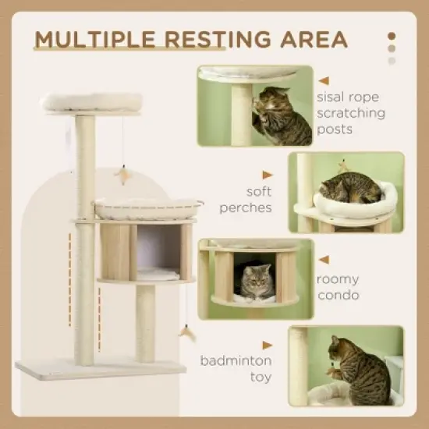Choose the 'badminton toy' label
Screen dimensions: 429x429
[x=235, y=368]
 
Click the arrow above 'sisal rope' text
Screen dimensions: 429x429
[x=324, y=80]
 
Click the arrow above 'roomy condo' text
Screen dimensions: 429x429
[x=324, y=261]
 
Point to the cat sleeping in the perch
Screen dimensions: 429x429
[x=351, y=188]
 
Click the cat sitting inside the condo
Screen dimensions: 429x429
[x=256, y=282]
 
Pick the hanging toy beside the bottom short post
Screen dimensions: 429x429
[x=186, y=333]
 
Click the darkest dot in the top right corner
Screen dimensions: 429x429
[x=392, y=35]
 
